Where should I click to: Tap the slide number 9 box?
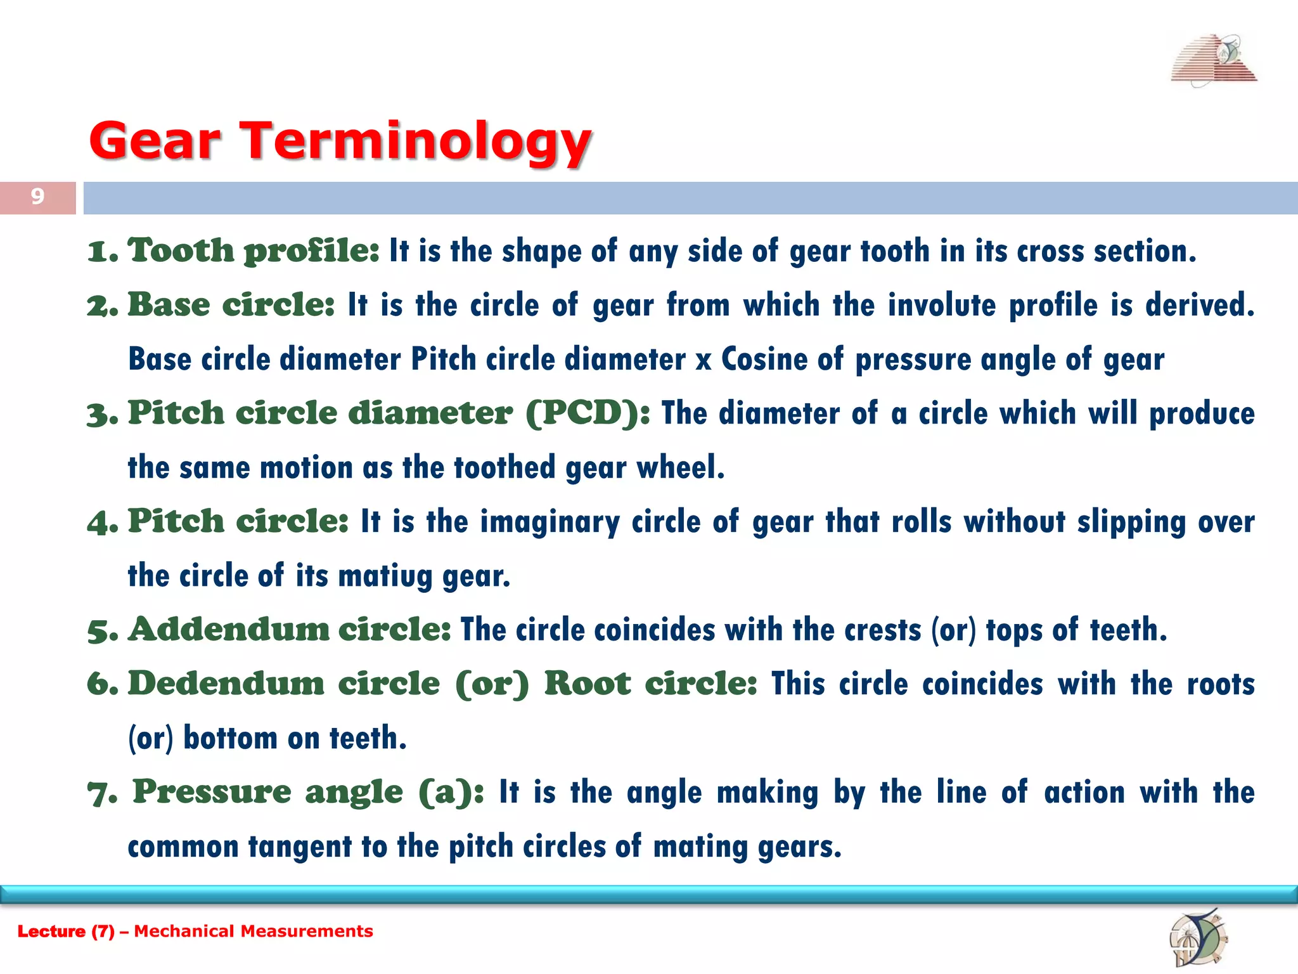pos(37,197)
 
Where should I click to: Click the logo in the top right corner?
pos(1214,61)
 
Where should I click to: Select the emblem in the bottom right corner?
pos(1197,938)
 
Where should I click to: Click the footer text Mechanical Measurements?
pos(254,931)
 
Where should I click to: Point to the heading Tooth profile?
pos(253,251)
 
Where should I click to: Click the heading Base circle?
pos(231,305)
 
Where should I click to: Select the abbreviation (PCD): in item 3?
pos(587,413)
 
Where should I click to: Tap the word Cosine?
pos(763,360)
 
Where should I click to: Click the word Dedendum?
pos(226,684)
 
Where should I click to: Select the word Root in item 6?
pos(587,684)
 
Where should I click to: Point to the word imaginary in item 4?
pos(549,523)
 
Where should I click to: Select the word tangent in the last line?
pos(299,847)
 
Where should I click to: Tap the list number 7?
pos(101,794)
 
